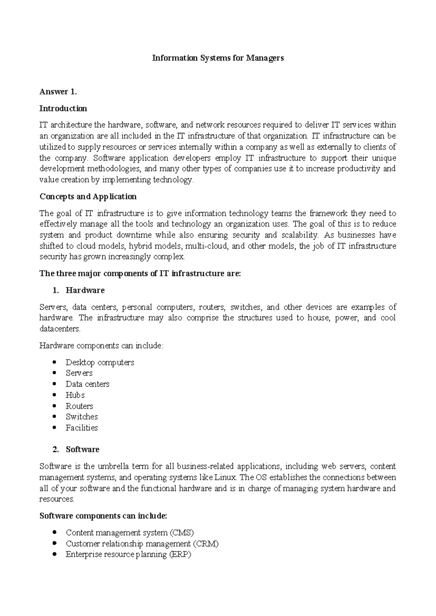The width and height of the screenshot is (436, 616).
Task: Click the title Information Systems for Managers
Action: coord(218,58)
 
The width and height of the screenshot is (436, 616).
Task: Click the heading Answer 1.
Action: coord(58,92)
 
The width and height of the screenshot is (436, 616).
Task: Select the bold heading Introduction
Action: coord(63,109)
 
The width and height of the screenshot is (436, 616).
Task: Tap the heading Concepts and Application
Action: coord(88,196)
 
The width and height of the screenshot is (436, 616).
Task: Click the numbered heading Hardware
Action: coord(85,290)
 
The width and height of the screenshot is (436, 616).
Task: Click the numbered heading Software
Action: coord(82,449)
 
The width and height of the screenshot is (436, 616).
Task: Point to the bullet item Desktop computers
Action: coord(100,362)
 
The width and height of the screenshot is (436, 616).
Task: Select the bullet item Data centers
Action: coord(88,384)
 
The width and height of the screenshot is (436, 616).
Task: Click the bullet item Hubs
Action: coord(75,395)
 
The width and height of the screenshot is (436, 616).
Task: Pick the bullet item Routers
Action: coord(80,406)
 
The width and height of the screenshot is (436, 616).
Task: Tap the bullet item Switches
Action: coord(82,417)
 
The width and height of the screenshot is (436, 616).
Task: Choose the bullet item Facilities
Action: coord(82,428)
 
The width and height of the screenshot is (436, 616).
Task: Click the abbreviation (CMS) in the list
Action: coord(181,533)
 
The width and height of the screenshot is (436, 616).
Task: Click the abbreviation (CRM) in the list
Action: coord(206,544)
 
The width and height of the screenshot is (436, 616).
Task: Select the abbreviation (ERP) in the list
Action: coord(180,555)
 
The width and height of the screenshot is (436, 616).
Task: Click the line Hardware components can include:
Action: coord(101,346)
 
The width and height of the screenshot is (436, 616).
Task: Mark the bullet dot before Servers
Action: coord(54,373)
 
